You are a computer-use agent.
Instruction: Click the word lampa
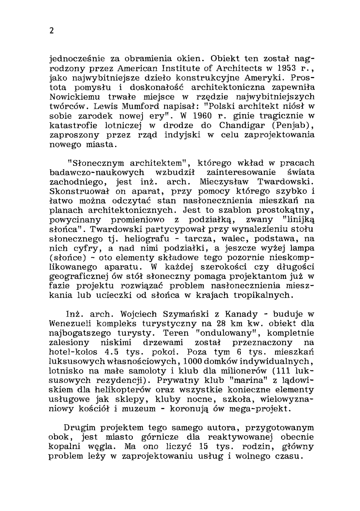300,248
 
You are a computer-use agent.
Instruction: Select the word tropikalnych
265,295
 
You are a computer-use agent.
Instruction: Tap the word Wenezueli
72,323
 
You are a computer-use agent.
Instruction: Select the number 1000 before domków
193,361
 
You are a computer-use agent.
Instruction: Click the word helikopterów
116,389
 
